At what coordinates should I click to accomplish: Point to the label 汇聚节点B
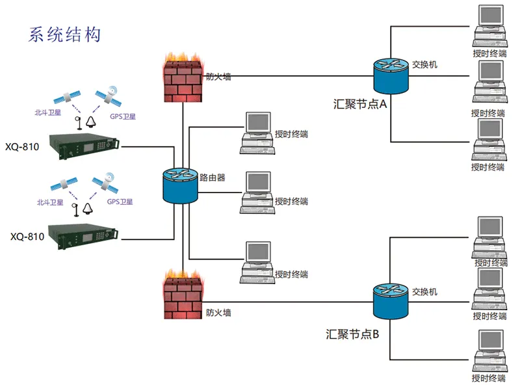coord(357,335)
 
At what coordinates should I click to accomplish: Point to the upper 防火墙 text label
coord(218,77)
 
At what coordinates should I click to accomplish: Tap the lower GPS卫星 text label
coord(121,202)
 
